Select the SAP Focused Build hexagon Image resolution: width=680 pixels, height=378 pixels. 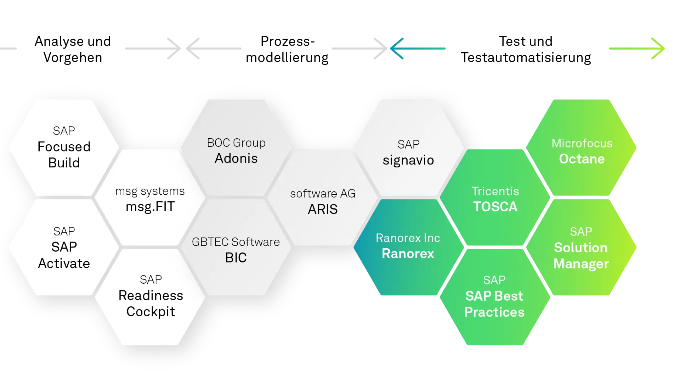click(64, 147)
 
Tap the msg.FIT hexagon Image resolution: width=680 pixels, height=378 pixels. click(150, 199)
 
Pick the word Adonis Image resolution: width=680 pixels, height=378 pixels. click(236, 159)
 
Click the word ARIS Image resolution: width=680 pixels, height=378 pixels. click(323, 209)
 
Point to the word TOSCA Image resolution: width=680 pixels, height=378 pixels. click(495, 207)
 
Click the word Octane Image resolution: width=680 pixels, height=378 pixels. click(582, 159)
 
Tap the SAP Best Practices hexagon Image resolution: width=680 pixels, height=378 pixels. click(494, 298)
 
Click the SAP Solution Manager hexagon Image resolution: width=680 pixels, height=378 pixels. click(581, 248)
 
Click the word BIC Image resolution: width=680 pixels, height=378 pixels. click(236, 258)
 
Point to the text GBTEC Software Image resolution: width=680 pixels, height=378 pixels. click(236, 242)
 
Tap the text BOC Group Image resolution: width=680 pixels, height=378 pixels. click(236, 143)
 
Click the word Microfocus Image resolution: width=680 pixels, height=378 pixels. click(582, 143)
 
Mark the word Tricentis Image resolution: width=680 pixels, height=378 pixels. click(495, 191)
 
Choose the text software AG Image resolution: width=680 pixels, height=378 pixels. click(323, 194)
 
